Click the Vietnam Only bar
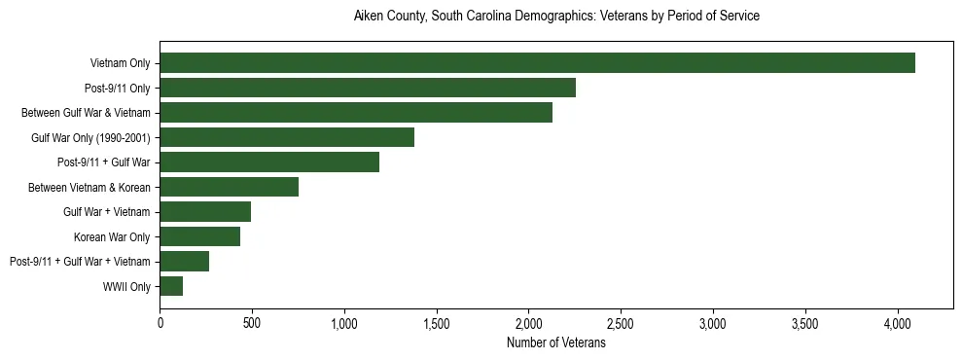537,63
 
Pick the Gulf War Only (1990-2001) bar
287,137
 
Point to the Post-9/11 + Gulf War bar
269,162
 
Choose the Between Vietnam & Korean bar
230,187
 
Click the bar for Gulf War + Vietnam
205,212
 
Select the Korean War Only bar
200,236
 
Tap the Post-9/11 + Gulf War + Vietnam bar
185,261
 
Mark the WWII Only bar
171,286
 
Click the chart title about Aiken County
556,17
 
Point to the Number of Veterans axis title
556,342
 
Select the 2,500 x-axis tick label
621,323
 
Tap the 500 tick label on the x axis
252,323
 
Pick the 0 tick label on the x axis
160,323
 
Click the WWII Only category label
126,286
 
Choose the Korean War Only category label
112,236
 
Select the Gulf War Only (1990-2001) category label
90,137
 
